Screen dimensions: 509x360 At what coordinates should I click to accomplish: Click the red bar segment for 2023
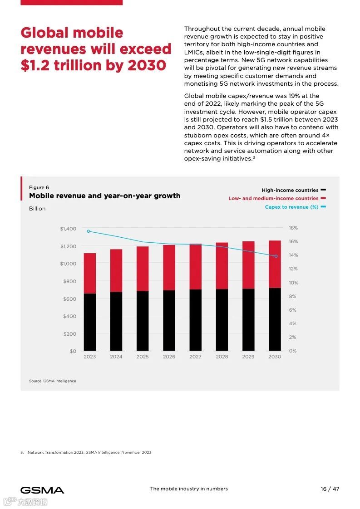click(x=89, y=273)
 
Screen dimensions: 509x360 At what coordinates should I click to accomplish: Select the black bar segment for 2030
click(x=275, y=319)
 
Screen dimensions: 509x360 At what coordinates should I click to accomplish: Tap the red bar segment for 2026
click(x=169, y=268)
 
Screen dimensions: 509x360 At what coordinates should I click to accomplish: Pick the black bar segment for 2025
click(x=143, y=321)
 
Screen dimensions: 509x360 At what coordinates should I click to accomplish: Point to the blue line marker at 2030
click(x=276, y=256)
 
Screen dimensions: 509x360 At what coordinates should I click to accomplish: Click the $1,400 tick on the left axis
click(x=68, y=229)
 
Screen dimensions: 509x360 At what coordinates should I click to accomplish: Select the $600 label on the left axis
click(x=69, y=299)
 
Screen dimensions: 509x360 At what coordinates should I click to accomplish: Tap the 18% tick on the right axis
click(x=293, y=228)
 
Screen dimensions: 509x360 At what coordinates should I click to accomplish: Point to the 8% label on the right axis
click(x=293, y=296)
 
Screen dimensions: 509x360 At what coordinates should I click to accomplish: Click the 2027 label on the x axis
click(x=195, y=357)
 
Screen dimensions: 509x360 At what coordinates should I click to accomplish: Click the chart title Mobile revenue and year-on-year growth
click(x=104, y=196)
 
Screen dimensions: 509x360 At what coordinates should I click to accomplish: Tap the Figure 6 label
click(x=39, y=187)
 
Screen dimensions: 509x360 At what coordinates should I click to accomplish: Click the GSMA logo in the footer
click(x=42, y=490)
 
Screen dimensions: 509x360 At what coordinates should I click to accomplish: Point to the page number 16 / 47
click(x=330, y=489)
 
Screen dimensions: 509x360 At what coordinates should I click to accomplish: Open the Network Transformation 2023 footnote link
click(x=55, y=452)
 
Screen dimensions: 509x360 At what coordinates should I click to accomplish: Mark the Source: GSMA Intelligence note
click(x=52, y=381)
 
